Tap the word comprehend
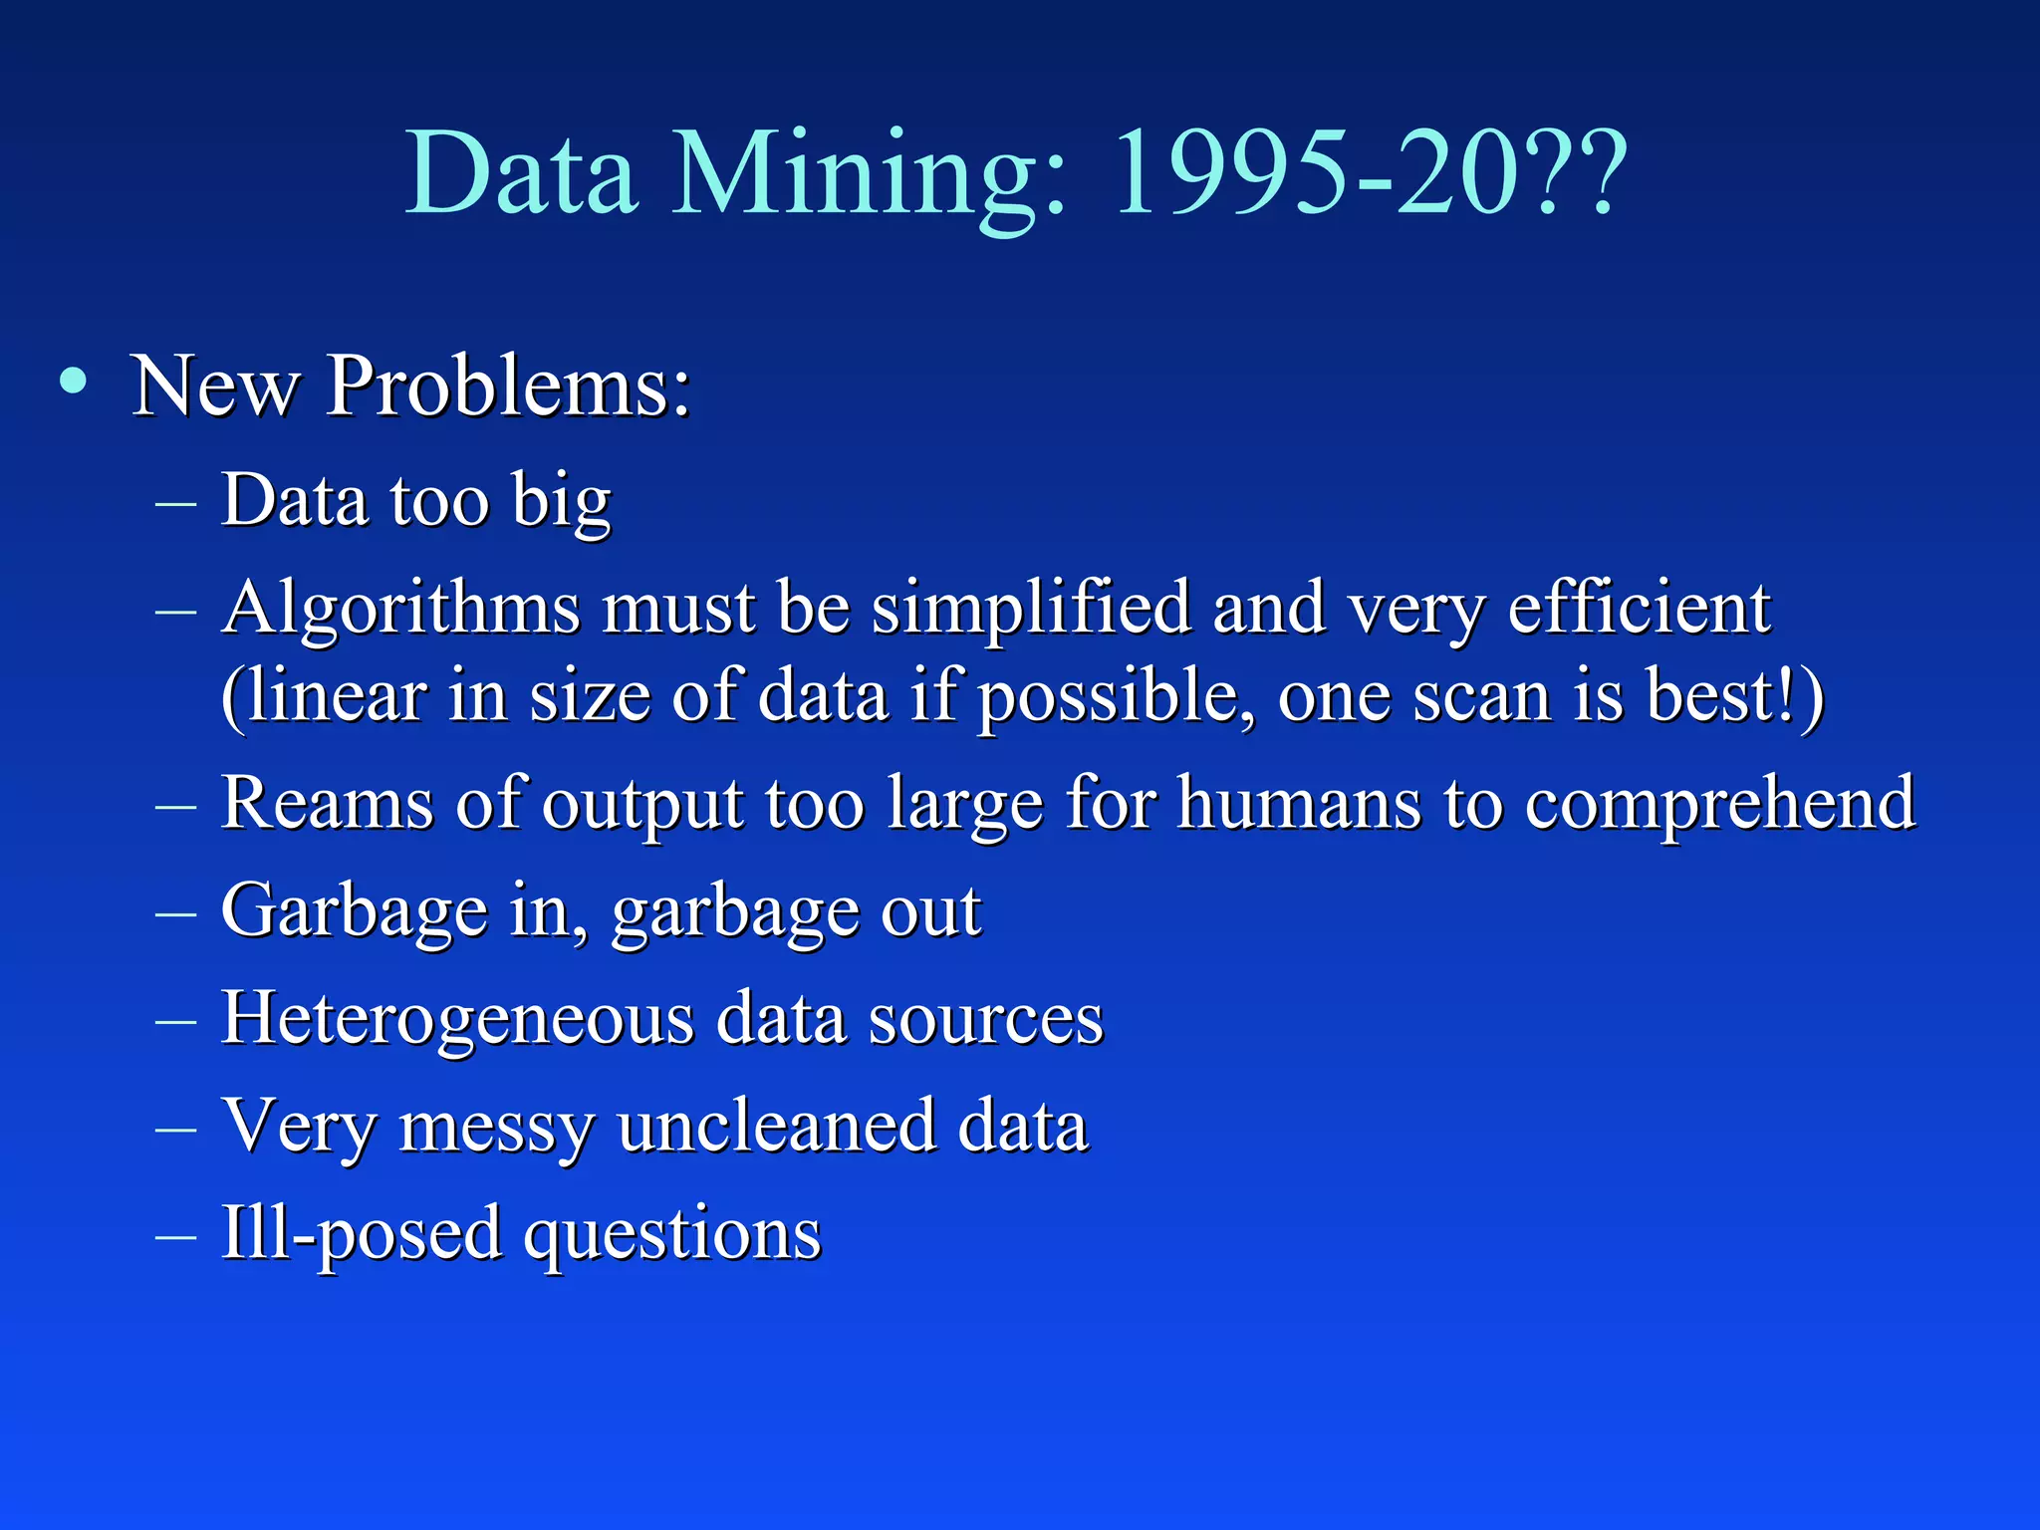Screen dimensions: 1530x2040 (1719, 806)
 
